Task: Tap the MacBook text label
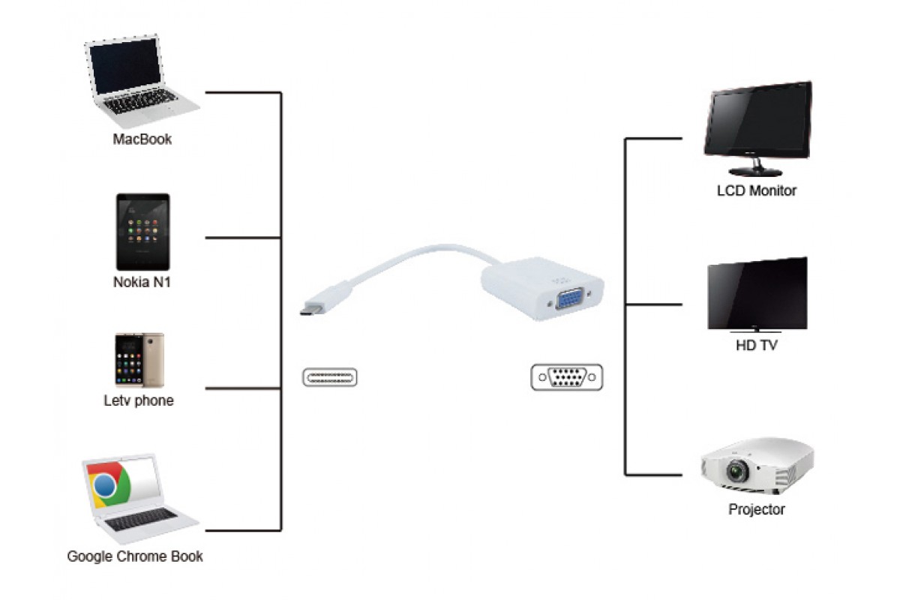pos(142,139)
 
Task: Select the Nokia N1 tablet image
pos(143,232)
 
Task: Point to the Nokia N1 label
pos(142,282)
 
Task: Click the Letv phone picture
pos(139,360)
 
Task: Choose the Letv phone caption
pos(139,400)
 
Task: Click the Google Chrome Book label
pos(135,556)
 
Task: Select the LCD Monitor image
pos(757,128)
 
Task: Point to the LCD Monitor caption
pos(757,190)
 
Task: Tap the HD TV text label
pos(757,345)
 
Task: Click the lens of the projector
pos(738,470)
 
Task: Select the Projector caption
pos(757,509)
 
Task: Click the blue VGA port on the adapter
pos(569,298)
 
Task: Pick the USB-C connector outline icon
pos(330,377)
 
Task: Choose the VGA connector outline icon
pos(567,377)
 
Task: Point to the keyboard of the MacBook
pos(142,100)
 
